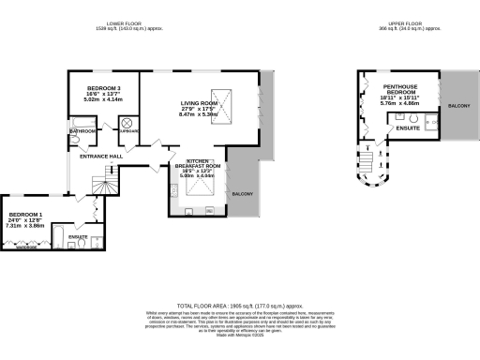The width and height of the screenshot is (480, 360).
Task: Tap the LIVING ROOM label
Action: pyautogui.click(x=198, y=104)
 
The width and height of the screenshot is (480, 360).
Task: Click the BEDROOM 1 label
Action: pyautogui.click(x=25, y=213)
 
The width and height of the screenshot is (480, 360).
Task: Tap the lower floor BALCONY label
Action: pyautogui.click(x=242, y=193)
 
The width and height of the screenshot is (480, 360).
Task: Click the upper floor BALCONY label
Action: pyautogui.click(x=460, y=105)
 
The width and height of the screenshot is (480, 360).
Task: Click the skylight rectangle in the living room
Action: pyautogui.click(x=221, y=97)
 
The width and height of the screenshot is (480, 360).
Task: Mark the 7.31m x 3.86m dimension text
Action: pyautogui.click(x=25, y=226)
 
